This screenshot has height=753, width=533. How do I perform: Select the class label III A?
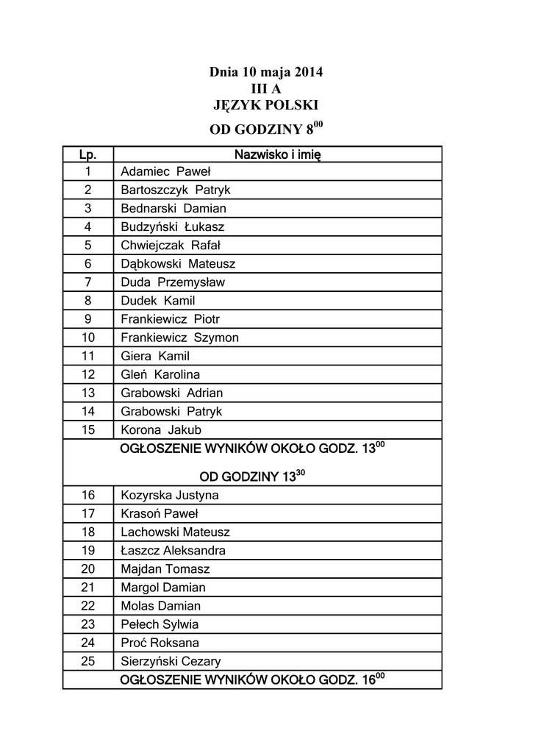(265, 89)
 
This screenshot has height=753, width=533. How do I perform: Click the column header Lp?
(87, 154)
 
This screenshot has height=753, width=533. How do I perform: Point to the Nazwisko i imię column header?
(277, 154)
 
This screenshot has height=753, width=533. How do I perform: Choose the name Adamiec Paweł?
(165, 172)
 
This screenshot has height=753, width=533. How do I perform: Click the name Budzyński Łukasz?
(172, 227)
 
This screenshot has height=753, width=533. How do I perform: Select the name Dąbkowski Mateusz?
(178, 264)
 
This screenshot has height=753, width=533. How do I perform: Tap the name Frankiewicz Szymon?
(179, 338)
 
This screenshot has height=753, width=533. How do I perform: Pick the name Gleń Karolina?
(160, 374)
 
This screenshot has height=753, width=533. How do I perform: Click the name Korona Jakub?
(161, 430)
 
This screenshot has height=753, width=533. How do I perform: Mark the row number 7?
(87, 282)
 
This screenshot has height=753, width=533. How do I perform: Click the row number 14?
(87, 412)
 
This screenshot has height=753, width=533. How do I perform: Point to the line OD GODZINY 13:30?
(252, 477)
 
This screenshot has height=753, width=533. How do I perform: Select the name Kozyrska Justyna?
(170, 495)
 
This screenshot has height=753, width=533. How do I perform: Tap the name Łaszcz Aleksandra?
(173, 550)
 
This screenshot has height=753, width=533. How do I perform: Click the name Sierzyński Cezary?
(171, 661)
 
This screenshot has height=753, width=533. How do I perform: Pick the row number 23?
(87, 624)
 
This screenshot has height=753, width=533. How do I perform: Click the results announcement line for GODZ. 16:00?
(252, 679)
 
